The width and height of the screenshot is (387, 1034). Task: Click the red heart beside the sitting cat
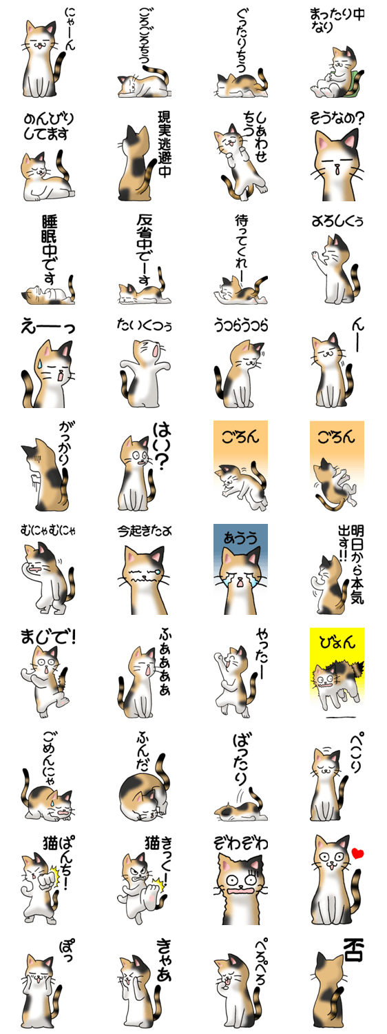pyautogui.click(x=357, y=853)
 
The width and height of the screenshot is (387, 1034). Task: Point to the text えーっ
pyautogui.click(x=48, y=327)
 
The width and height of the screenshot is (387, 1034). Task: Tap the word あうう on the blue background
pyautogui.click(x=240, y=538)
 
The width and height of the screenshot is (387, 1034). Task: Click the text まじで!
pyautogui.click(x=48, y=637)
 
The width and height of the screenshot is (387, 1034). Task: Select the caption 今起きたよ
pyautogui.click(x=145, y=531)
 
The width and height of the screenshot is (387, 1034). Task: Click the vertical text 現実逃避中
pyautogui.click(x=164, y=144)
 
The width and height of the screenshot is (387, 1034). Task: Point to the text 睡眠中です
pyautogui.click(x=50, y=250)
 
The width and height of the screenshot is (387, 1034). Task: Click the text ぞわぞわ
pyautogui.click(x=240, y=843)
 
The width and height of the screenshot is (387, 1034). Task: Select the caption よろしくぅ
pyautogui.click(x=337, y=221)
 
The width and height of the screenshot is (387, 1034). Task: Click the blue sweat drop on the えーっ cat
pyautogui.click(x=41, y=364)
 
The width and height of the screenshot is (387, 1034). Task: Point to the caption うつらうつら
pyautogui.click(x=240, y=325)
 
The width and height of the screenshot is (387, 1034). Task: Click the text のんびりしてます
pyautogui.click(x=48, y=126)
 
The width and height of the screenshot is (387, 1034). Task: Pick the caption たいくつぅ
pyautogui.click(x=145, y=325)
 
